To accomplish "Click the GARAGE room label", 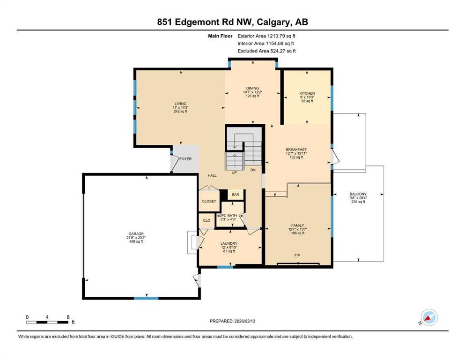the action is tap(136, 233).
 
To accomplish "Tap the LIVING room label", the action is tap(180, 104).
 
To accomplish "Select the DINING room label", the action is tap(252, 88).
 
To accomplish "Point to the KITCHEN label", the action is tap(307, 93).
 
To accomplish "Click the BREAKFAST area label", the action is tap(296, 150).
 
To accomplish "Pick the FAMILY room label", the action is tap(297, 225).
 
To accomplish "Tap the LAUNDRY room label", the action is tap(229, 243).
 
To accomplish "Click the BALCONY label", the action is tap(358, 194).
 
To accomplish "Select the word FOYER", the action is tap(185, 159).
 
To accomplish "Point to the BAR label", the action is tap(235, 195).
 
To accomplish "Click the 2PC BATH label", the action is tap(229, 216).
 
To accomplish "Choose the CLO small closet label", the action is tap(207, 220).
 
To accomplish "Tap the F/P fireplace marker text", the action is tap(297, 255).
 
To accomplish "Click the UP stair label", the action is tap(234, 172).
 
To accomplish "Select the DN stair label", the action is tap(253, 170).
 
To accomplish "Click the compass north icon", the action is tap(429, 317).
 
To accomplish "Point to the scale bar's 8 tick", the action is tap(68, 317).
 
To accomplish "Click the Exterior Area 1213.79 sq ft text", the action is tap(266, 36).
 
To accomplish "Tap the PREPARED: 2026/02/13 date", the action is tap(232, 321).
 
